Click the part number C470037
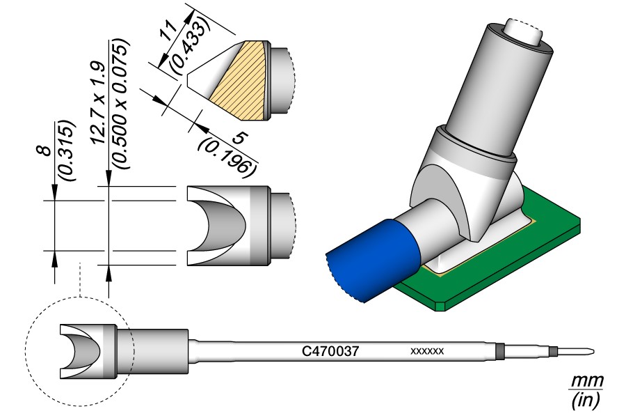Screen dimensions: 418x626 [x=331, y=352]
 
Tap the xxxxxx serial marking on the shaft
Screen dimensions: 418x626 [x=428, y=352]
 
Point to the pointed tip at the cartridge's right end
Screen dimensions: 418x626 [x=588, y=352]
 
